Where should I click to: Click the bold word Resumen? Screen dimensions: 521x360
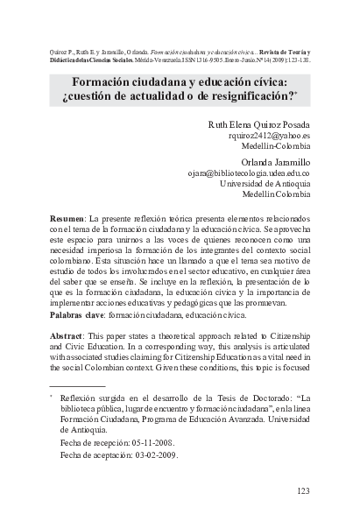click(67, 216)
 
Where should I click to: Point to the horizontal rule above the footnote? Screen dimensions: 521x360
click(77, 385)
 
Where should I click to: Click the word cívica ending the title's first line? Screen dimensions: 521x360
click(276, 80)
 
